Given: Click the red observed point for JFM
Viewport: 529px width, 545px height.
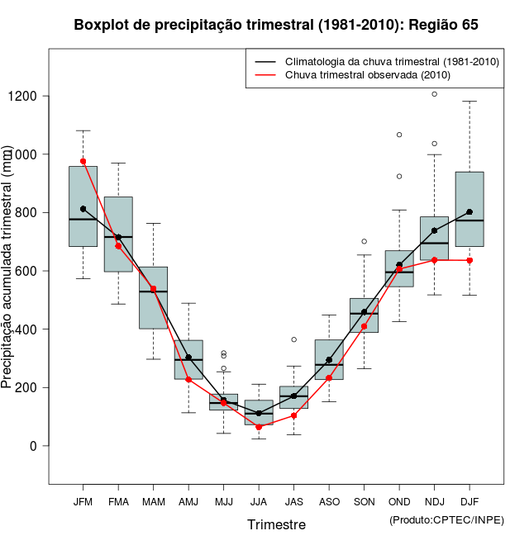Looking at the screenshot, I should (83, 161).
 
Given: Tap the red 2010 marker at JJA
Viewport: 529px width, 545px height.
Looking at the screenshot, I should (259, 427).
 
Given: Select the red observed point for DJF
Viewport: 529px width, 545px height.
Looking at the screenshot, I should (469, 260).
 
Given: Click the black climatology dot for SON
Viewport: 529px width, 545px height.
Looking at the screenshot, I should (365, 312).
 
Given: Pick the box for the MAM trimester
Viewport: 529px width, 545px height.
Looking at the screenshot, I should (153, 297).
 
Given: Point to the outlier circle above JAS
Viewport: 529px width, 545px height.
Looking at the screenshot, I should (294, 339).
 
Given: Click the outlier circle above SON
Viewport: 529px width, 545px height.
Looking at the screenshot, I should (365, 241).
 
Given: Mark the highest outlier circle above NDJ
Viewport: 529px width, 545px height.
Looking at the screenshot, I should (435, 94).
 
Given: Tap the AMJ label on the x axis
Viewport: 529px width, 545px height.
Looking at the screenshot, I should (188, 502).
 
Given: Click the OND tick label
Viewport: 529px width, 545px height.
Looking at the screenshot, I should (399, 502).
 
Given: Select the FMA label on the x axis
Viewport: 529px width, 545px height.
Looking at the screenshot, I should (118, 502).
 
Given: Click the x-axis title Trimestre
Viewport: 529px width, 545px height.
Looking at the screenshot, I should (276, 524).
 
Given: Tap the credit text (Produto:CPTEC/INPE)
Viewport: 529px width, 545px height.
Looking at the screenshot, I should (446, 519).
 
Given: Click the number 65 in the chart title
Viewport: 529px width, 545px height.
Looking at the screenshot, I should (469, 25).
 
